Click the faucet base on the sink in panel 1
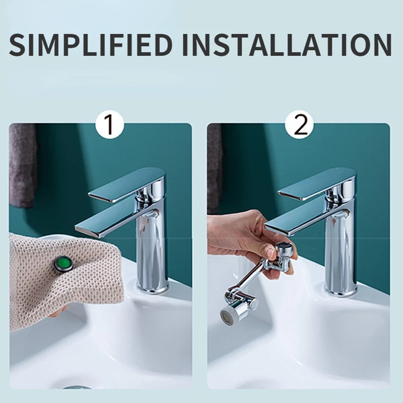pos(153,288)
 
